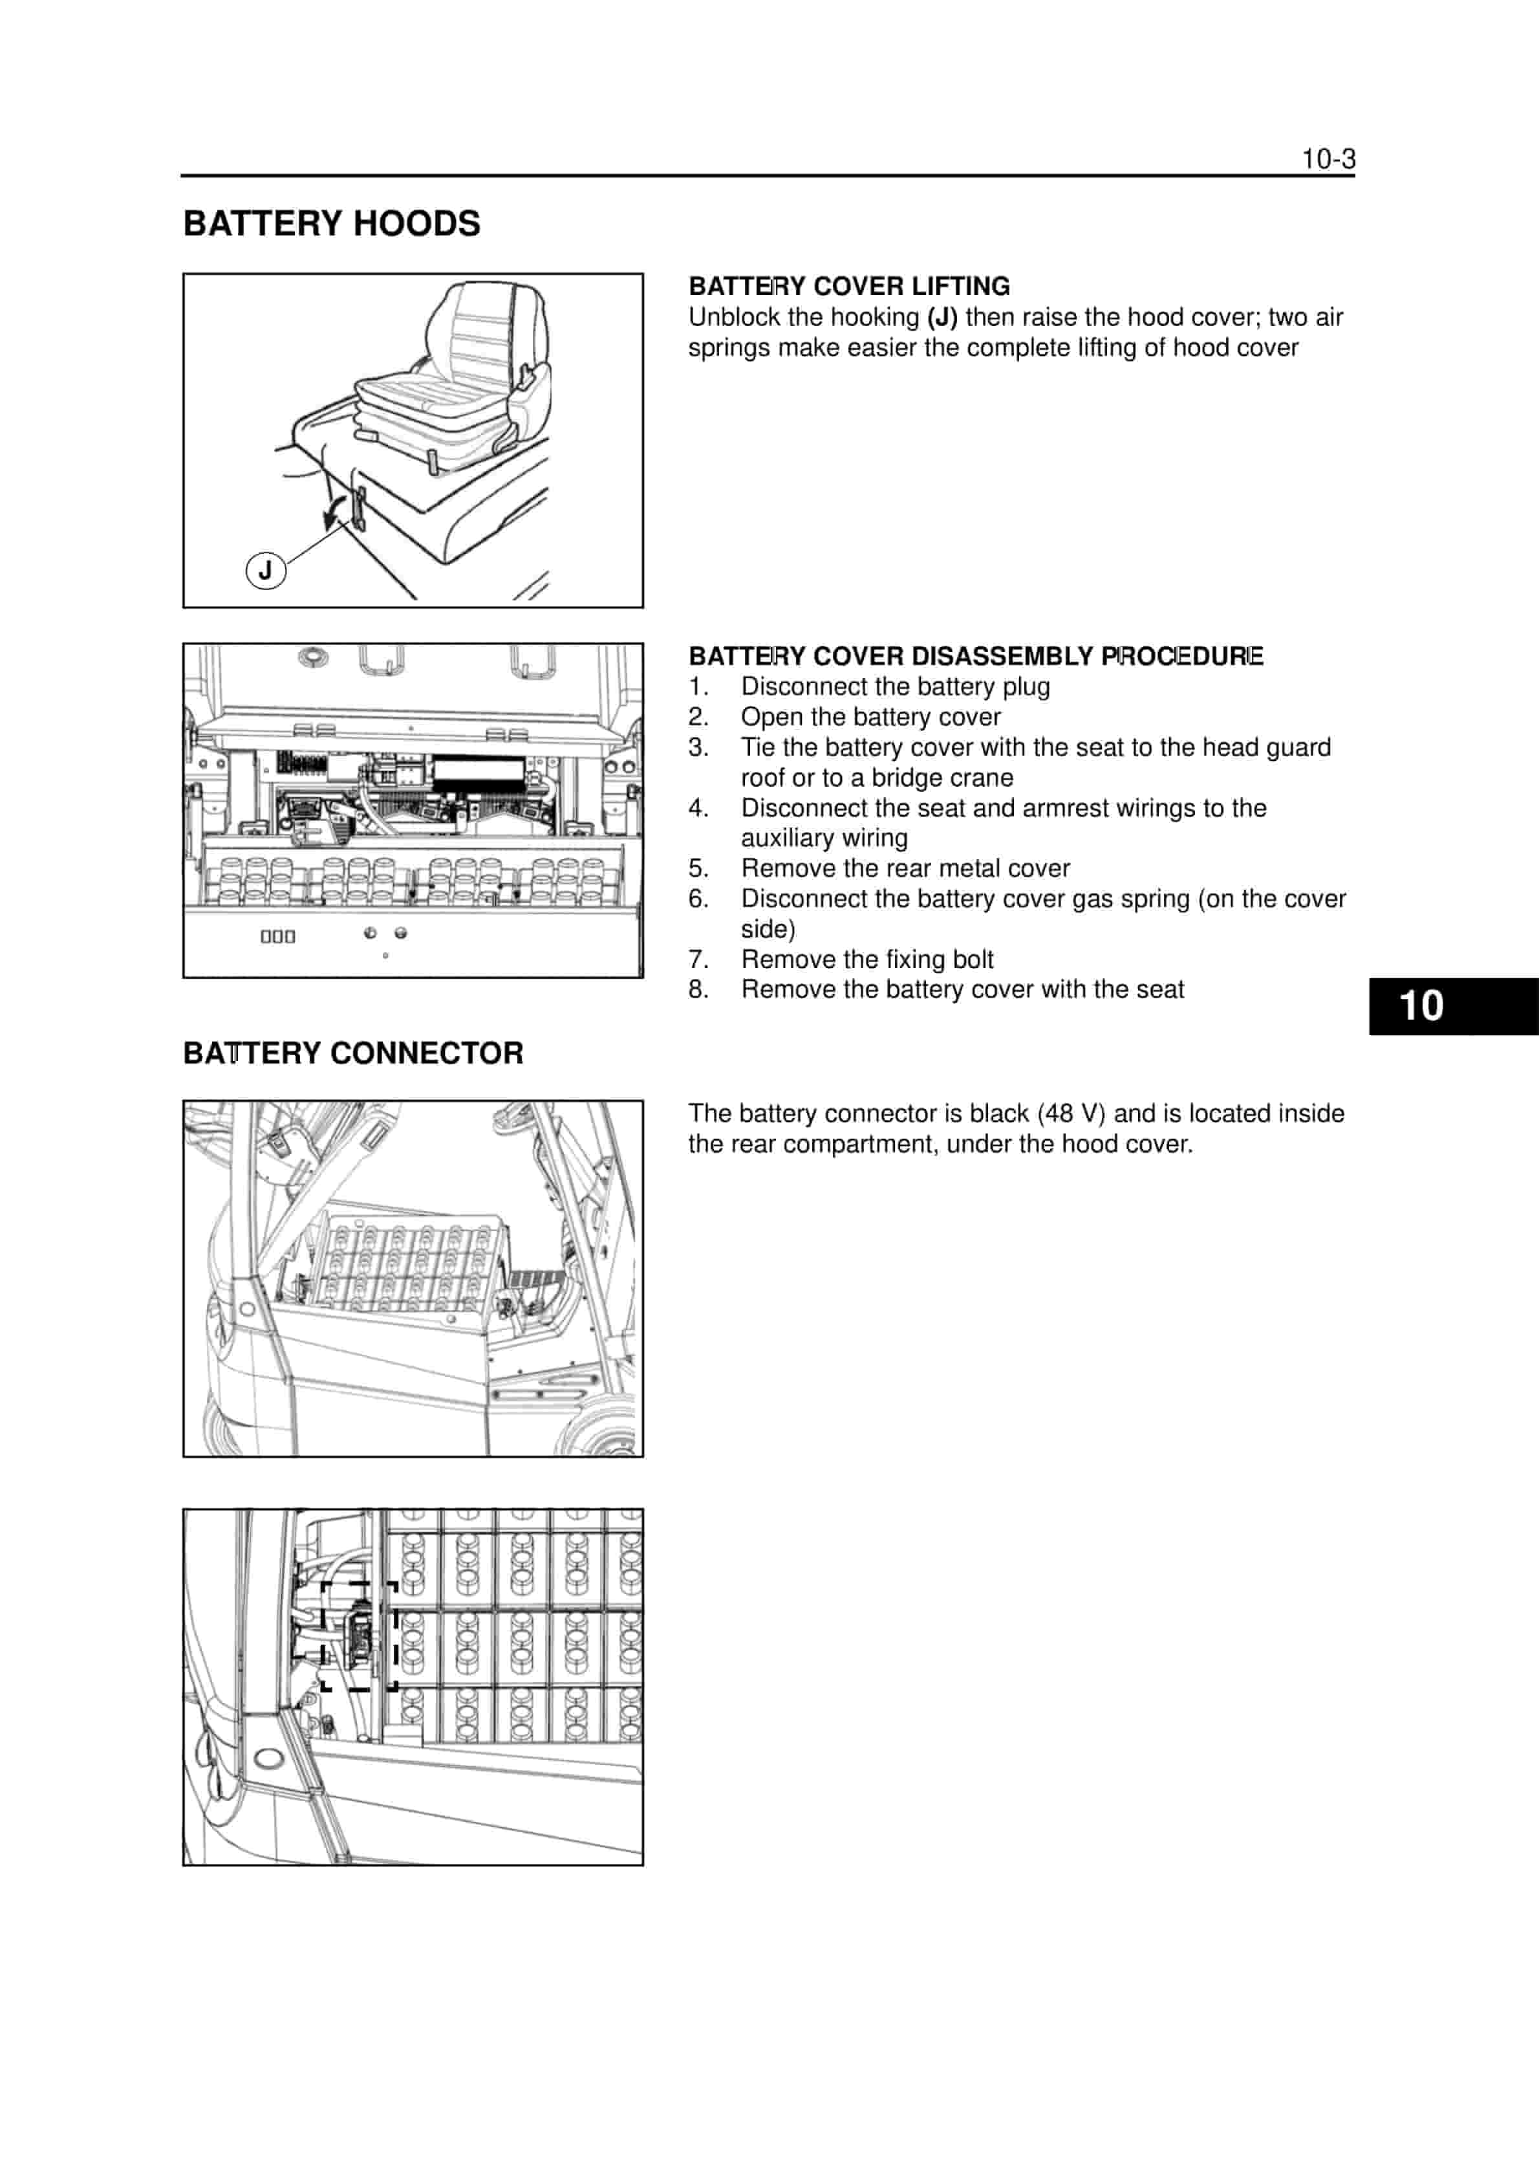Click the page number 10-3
click(1328, 159)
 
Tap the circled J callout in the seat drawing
click(266, 571)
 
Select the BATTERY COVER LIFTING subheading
click(848, 287)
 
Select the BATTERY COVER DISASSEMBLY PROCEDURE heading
click(975, 656)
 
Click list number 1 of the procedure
click(698, 686)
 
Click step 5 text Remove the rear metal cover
click(905, 868)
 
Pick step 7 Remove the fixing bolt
click(867, 959)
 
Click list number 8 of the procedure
click(698, 989)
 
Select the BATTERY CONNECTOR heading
click(353, 1053)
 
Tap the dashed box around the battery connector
click(359, 1635)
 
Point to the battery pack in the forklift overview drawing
click(408, 1262)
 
